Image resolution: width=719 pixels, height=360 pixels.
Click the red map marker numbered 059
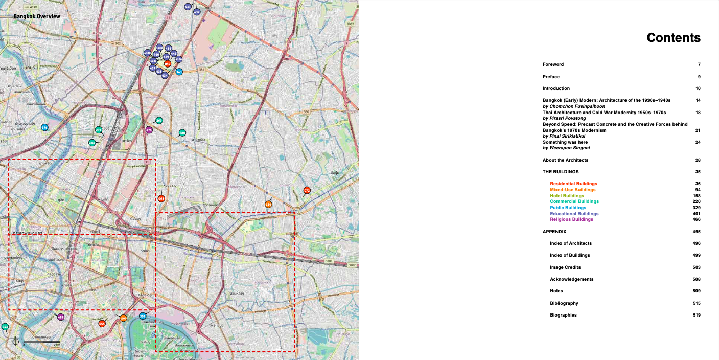168,64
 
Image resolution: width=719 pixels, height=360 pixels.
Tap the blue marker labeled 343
179,72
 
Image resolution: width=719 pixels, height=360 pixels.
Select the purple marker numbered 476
149,130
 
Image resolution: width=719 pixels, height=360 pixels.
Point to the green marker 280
182,133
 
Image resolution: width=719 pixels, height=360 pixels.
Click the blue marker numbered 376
44,127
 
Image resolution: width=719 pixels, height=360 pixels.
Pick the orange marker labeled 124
268,205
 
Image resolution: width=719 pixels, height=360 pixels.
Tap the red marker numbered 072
307,191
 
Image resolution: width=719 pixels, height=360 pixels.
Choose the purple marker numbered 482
61,317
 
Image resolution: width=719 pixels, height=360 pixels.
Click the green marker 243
5,326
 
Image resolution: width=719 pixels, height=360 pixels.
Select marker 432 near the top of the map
197,12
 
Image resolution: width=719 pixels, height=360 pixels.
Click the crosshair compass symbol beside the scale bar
15,341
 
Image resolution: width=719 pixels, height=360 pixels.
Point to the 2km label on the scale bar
57,345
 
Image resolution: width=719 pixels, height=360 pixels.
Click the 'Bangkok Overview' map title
37,16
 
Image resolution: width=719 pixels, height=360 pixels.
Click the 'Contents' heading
673,38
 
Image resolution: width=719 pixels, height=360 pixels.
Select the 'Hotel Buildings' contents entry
567,196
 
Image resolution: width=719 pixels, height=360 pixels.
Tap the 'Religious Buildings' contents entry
571,219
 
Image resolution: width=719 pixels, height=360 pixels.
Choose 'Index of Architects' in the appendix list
570,243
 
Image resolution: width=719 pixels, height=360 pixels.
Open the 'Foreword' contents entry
553,64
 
